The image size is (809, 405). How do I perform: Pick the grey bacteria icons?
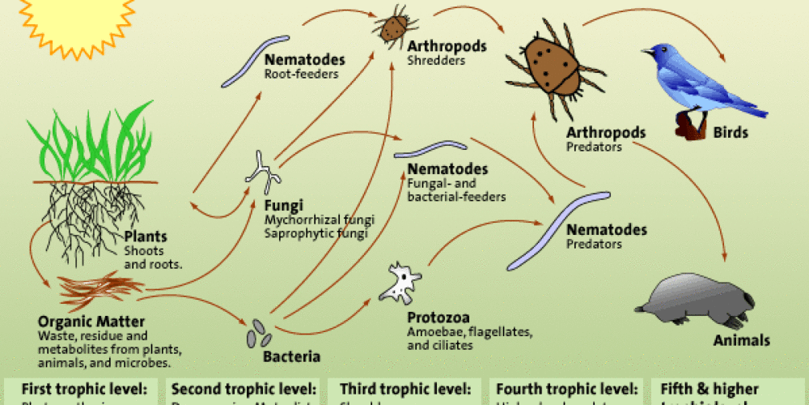click(x=260, y=332)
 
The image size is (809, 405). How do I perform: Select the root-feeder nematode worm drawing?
click(x=255, y=61)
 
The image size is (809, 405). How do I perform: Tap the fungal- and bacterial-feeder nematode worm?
click(x=430, y=150)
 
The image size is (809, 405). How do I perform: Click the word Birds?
click(x=730, y=133)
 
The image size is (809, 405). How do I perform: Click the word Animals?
click(x=741, y=340)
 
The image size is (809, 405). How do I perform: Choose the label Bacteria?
click(x=291, y=356)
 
